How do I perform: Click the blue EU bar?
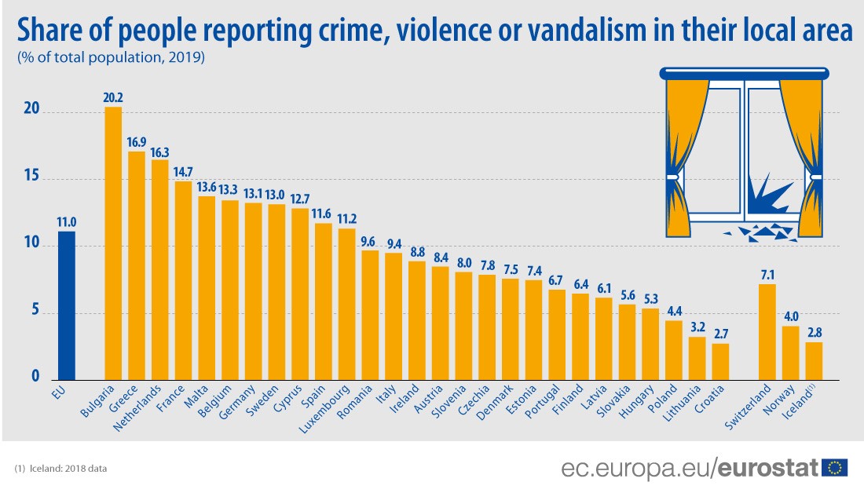tap(66, 306)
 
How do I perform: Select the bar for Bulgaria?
tap(113, 243)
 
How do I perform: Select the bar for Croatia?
tap(720, 361)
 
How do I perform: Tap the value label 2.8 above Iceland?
tap(814, 332)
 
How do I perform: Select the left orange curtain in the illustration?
tap(683, 157)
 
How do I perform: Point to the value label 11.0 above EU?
tap(66, 221)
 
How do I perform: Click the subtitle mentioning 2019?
tap(110, 57)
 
